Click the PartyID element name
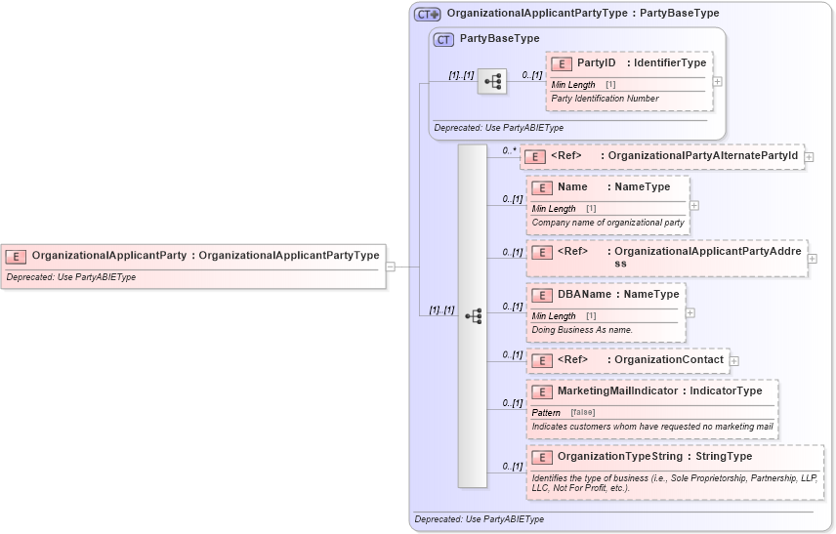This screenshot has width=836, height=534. coord(596,63)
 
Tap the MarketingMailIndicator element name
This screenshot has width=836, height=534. coord(618,390)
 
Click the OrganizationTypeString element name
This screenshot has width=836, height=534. coord(621,456)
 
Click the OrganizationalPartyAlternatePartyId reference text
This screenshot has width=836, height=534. coord(702,155)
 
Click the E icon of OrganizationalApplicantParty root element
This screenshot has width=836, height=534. coord(16,256)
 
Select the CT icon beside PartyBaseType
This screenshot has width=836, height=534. coord(443,39)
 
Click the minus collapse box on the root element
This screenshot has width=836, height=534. coord(390,265)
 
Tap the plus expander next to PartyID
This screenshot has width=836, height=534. coord(718,81)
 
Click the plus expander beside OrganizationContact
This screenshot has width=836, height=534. coord(734,361)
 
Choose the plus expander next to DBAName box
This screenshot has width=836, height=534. coord(690,312)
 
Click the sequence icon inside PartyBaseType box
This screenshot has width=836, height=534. coord(491,82)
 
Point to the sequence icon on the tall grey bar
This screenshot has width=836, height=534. coord(473,316)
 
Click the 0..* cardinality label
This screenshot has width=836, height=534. coord(509,150)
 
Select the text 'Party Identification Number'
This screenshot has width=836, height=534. coord(605,98)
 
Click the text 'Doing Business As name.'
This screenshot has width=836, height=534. coord(582,329)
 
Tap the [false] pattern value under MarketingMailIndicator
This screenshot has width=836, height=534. coord(582,412)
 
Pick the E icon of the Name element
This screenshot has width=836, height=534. coord(542,187)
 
